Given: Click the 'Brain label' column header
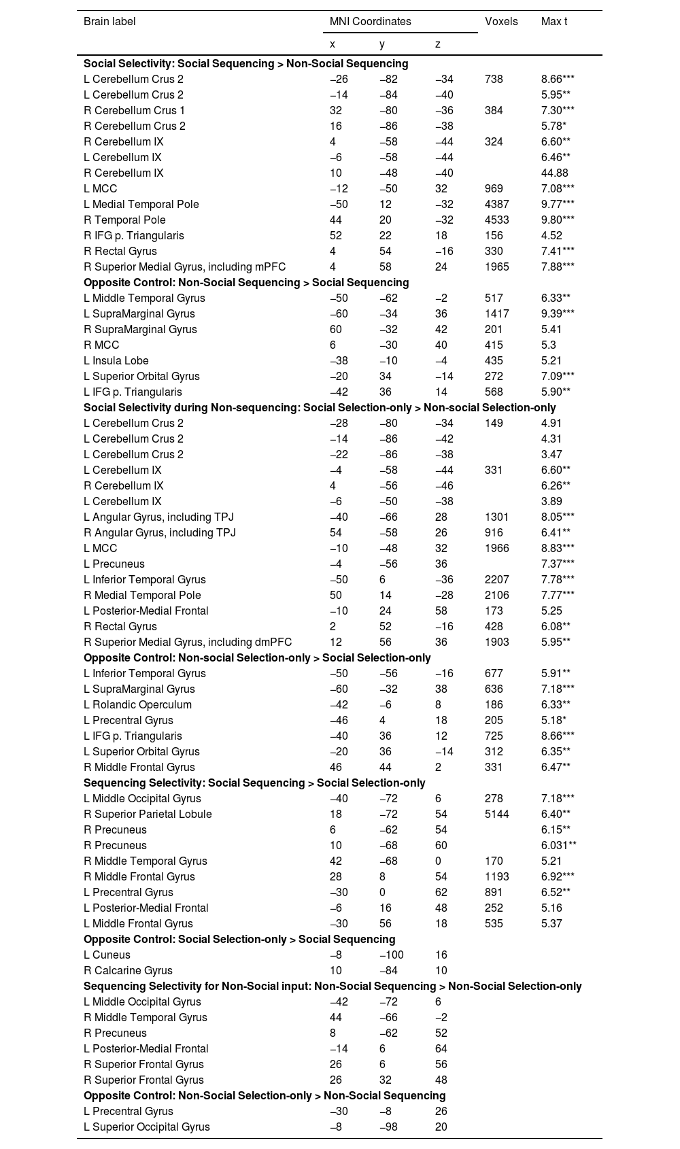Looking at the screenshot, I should click(109, 22).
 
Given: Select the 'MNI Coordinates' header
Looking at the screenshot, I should click(370, 22).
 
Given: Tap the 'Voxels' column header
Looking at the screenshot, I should click(501, 22).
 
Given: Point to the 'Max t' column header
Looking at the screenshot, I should click(554, 22).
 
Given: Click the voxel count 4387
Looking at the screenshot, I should click(497, 205).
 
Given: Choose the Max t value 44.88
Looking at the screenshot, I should click(554, 173).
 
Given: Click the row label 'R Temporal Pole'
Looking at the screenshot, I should click(124, 220).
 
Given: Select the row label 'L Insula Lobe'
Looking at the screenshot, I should click(116, 361).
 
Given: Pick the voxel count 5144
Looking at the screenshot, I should click(497, 814).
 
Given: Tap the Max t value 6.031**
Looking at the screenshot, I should click(559, 846).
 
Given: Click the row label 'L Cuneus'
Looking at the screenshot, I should click(107, 955).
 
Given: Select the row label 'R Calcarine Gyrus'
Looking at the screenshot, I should click(128, 971).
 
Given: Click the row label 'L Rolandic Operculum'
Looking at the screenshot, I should click(137, 705).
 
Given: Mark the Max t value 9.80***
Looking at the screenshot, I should click(558, 220).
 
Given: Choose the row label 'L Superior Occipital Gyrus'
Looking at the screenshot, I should click(146, 1127).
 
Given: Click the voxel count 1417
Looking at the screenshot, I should click(497, 314).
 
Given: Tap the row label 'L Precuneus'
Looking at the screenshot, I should click(114, 564).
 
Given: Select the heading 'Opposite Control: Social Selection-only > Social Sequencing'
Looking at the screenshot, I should click(239, 940).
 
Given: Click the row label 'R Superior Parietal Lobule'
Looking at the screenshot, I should click(148, 814).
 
